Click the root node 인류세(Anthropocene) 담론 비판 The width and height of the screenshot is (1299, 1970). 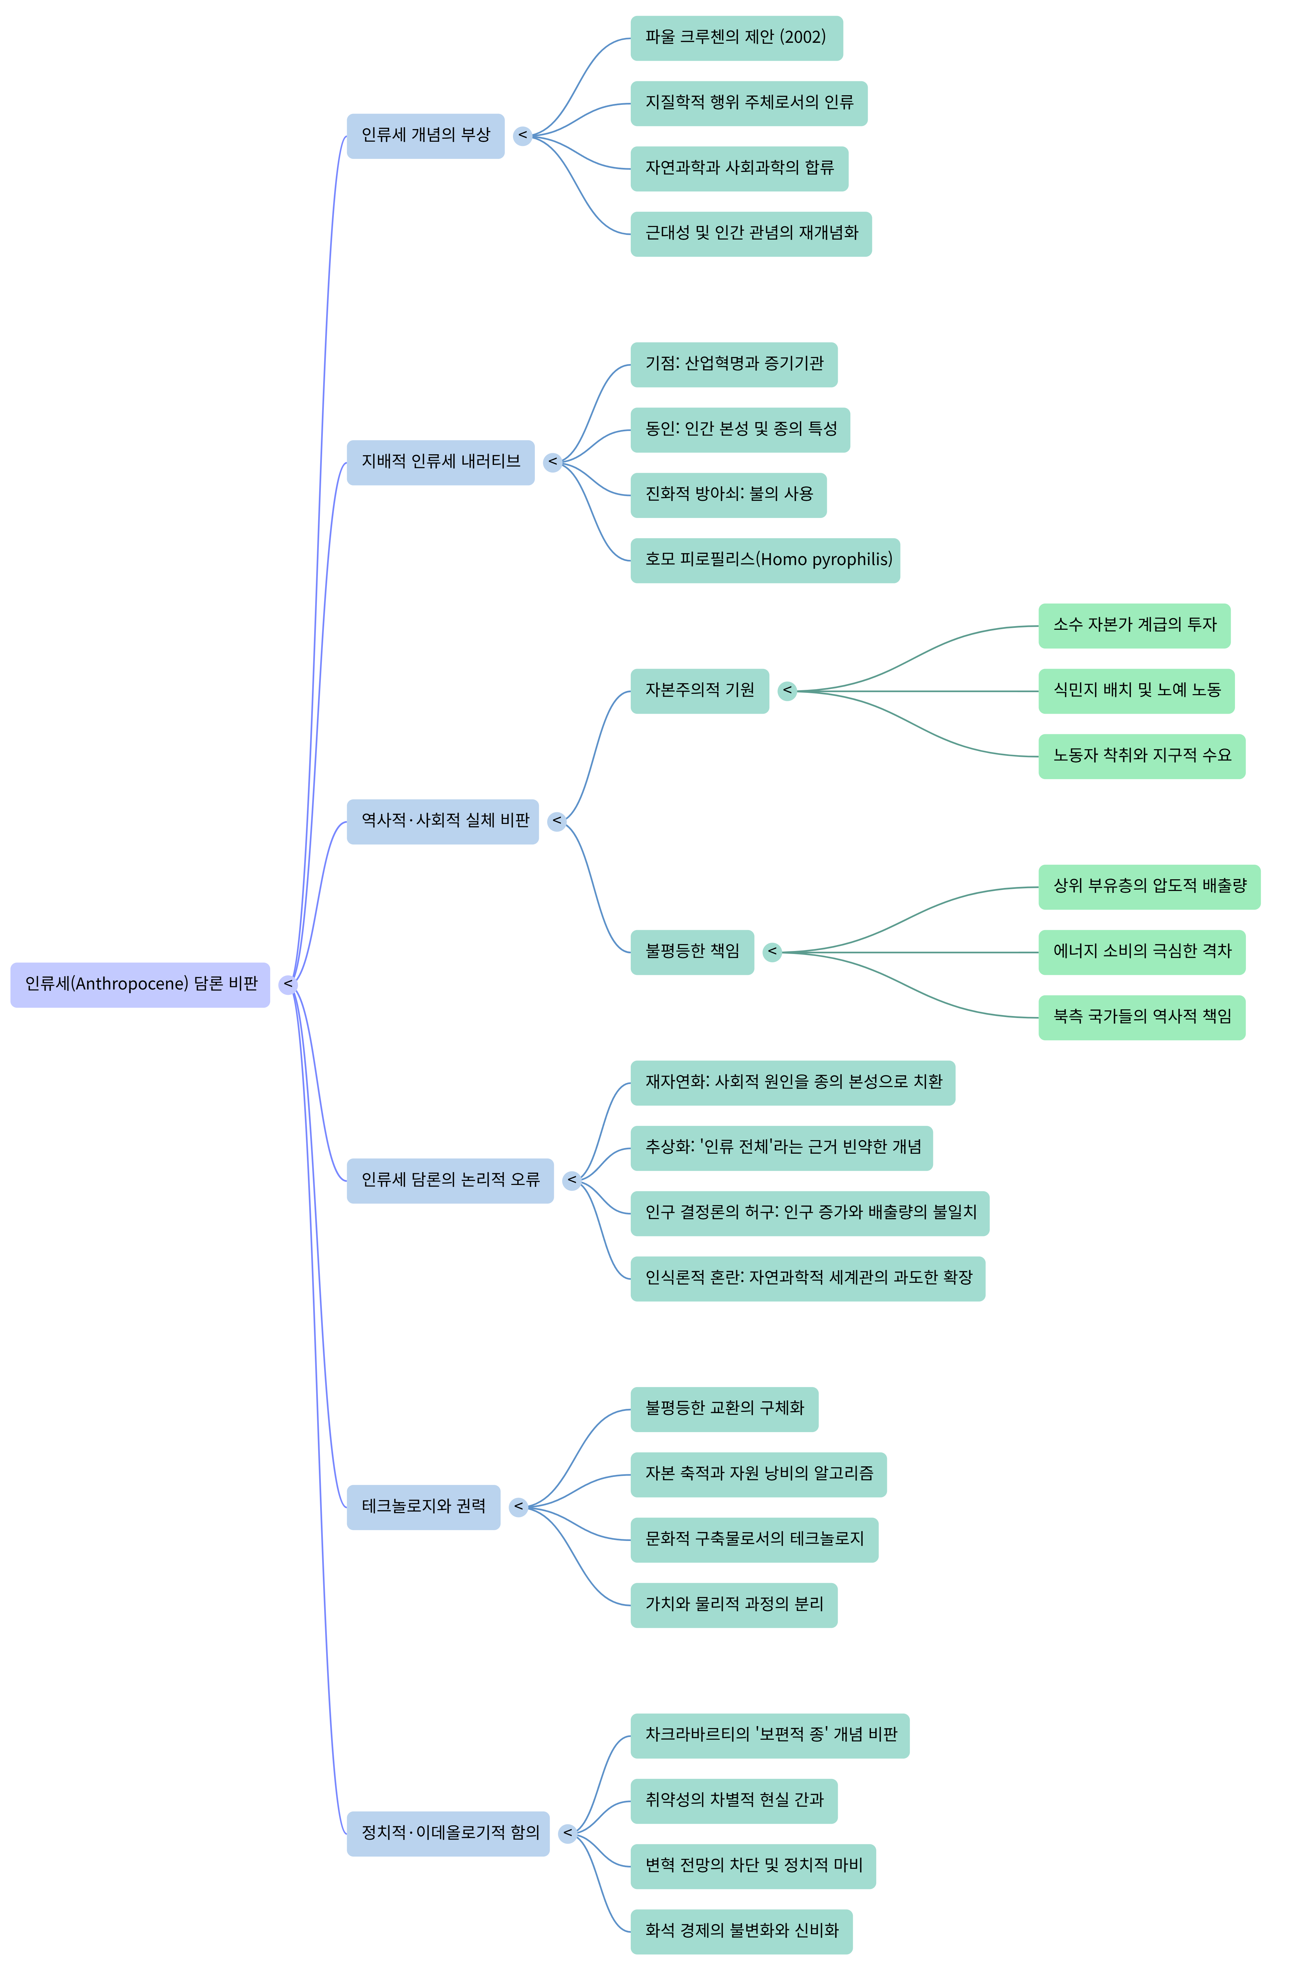[140, 984]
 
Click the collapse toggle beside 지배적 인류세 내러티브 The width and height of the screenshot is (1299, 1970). [552, 462]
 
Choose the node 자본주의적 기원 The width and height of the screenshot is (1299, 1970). [699, 691]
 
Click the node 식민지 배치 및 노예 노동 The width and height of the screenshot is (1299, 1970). [1136, 691]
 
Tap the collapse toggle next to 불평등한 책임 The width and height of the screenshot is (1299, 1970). [772, 952]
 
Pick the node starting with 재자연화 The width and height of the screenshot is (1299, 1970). [792, 1083]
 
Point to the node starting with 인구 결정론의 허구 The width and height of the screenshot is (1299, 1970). [809, 1213]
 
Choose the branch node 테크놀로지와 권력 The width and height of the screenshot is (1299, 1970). [422, 1507]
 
